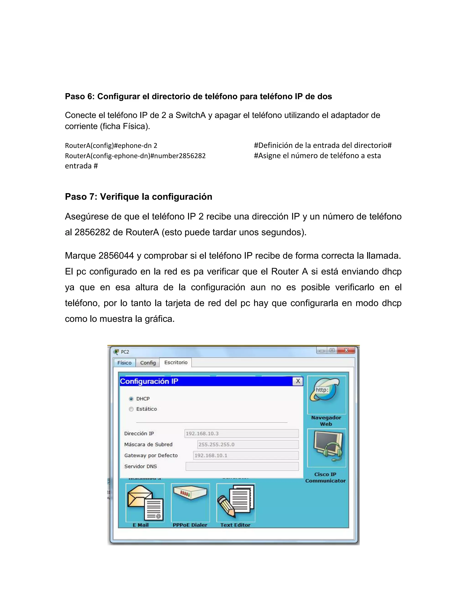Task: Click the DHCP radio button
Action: (131, 399)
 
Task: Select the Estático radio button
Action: (131, 409)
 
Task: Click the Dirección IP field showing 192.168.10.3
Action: (241, 433)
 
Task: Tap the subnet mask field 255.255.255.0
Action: (248, 444)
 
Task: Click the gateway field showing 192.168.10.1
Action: (246, 455)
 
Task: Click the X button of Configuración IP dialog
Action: (298, 381)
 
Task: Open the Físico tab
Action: (125, 363)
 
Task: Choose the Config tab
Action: (148, 363)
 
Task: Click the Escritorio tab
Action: (176, 363)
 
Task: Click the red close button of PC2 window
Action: (346, 350)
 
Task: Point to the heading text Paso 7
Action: (138, 197)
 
